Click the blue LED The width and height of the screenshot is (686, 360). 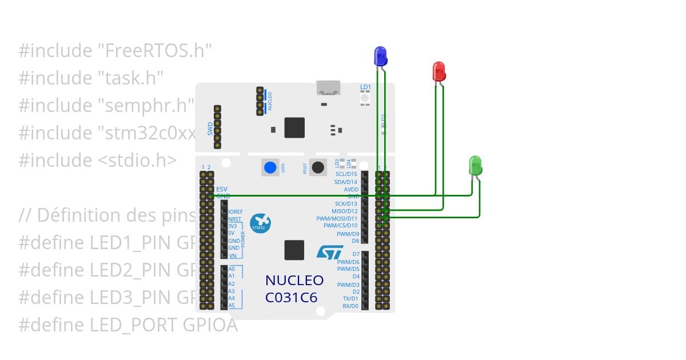380,56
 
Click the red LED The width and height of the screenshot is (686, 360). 438,71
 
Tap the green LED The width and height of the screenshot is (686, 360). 475,165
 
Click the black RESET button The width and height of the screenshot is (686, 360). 318,167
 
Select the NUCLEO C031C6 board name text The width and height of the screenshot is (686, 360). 294,289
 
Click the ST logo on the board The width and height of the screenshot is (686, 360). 330,252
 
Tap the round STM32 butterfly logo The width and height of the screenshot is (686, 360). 260,223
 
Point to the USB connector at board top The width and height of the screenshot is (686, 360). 329,88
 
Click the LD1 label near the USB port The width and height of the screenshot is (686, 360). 365,87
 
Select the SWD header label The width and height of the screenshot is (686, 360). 210,128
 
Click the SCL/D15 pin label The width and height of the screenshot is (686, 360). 346,174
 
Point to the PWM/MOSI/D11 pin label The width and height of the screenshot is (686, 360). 337,218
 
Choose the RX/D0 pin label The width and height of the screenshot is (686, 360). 350,306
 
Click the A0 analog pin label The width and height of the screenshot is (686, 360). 232,269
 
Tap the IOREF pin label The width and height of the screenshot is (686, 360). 236,211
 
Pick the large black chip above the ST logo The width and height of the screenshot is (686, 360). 294,250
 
